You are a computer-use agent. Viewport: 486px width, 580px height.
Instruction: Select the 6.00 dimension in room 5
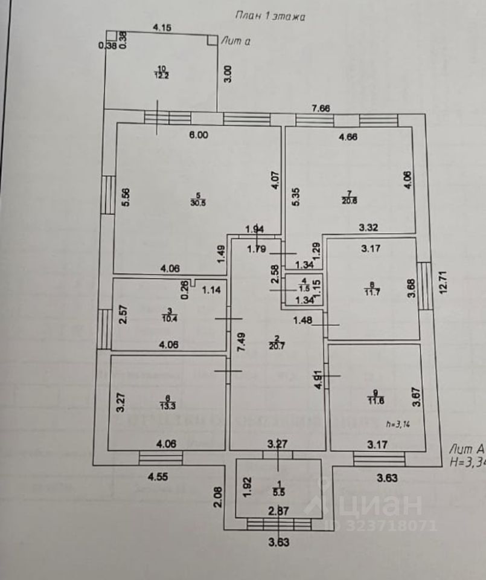point(198,135)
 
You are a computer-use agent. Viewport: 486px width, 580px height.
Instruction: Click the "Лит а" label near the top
point(236,40)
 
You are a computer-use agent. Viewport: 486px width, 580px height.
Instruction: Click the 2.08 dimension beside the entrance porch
point(218,500)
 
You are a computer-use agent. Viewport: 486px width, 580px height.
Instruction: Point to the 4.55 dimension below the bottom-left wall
point(159,477)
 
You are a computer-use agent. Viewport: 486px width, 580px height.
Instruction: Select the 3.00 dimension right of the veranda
point(227,75)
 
